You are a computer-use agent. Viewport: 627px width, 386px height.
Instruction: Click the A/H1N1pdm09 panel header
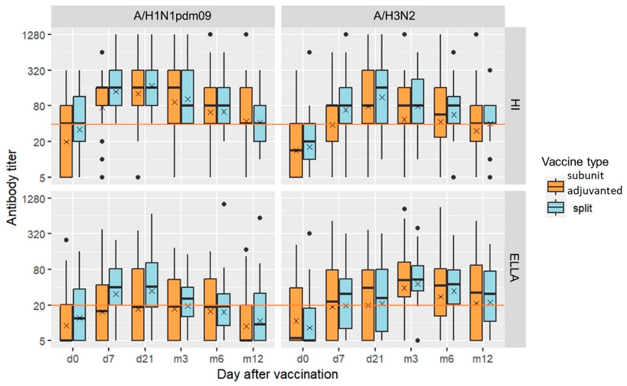click(x=172, y=16)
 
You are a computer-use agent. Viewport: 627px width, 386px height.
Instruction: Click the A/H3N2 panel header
click(x=394, y=16)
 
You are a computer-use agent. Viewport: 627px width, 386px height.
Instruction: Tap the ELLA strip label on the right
click(x=515, y=268)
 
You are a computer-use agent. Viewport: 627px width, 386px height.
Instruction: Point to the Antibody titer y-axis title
click(x=12, y=188)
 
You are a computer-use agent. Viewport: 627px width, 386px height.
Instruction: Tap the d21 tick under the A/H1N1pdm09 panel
click(x=145, y=359)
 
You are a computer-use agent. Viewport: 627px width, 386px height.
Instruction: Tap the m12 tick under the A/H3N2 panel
click(x=482, y=359)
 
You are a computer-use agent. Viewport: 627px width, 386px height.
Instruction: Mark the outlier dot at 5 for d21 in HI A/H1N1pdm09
click(x=138, y=177)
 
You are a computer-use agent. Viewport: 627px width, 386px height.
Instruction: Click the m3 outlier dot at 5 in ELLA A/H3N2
click(x=418, y=340)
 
